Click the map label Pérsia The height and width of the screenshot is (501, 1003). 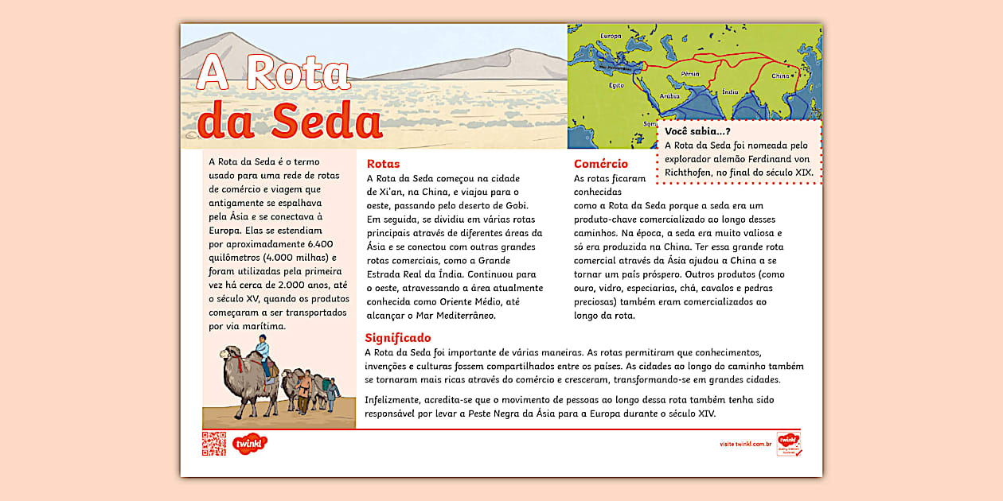point(690,74)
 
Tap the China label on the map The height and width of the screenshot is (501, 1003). point(780,76)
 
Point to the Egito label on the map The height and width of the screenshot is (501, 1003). point(616,85)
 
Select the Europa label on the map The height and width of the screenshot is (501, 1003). point(611,36)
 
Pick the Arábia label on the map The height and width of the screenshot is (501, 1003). point(669,95)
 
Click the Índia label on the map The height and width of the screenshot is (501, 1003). point(732,91)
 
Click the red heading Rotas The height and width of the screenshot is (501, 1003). point(384,163)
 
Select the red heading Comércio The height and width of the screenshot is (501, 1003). point(601,164)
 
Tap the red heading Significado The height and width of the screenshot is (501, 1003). point(398,337)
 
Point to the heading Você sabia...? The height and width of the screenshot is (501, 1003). point(698,131)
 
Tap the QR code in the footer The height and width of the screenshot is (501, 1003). point(213,444)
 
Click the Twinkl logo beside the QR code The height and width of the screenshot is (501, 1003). point(251,443)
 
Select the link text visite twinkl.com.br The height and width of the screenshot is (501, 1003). point(746,444)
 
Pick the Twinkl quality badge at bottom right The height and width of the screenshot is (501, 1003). point(788,444)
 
